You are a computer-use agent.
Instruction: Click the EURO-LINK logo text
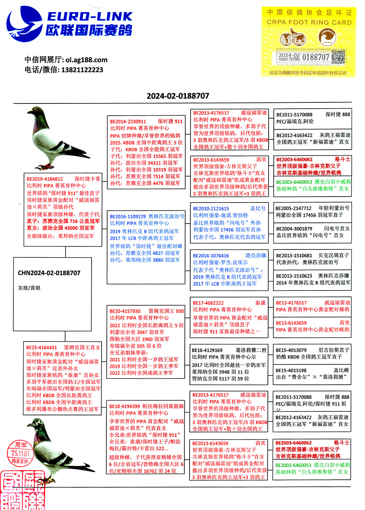[x=89, y=17]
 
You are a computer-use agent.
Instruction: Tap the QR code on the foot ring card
[x=338, y=58]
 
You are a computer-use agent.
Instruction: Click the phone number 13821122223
[x=82, y=70]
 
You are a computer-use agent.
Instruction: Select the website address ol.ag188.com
[x=86, y=60]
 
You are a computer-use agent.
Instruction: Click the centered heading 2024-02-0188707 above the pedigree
[x=178, y=96]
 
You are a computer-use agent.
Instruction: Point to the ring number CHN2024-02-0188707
[x=49, y=273]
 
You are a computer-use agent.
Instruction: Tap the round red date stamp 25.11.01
[x=21, y=453]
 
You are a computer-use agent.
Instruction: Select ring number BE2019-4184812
[x=45, y=179]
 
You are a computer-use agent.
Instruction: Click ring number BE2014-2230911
[x=128, y=121]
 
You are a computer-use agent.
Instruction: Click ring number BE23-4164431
[x=41, y=347]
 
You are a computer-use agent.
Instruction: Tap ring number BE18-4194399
[x=124, y=406]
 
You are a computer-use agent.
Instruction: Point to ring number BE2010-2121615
[x=211, y=209]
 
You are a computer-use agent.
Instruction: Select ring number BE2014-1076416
[x=211, y=256]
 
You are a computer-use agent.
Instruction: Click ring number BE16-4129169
[x=207, y=350]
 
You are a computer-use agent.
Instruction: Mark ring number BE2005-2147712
[x=293, y=208]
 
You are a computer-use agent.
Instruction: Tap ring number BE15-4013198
[x=291, y=370]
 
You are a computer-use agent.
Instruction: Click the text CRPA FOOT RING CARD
[x=309, y=23]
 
